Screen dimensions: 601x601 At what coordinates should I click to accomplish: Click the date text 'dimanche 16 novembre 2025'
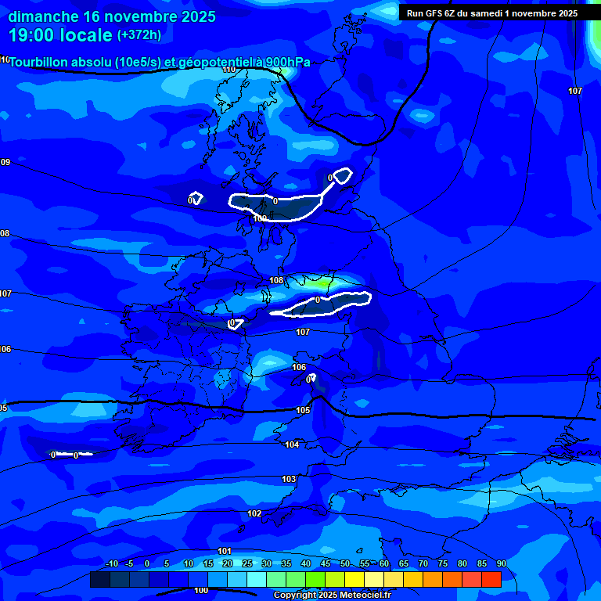(x=112, y=16)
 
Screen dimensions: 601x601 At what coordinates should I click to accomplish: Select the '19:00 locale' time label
(x=60, y=35)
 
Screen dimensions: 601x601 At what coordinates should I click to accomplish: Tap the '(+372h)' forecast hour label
(x=139, y=35)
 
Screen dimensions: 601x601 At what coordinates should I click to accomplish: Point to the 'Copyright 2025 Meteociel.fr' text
(x=332, y=596)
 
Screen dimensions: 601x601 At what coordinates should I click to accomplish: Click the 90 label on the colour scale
(x=501, y=563)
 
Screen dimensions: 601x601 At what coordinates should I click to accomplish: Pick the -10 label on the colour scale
(x=111, y=563)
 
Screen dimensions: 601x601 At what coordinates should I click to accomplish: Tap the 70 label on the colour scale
(x=423, y=563)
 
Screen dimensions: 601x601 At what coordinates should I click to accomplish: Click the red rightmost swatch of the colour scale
(x=491, y=579)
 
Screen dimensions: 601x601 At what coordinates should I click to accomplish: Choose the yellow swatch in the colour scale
(x=354, y=579)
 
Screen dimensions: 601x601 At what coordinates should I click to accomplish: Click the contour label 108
(x=276, y=280)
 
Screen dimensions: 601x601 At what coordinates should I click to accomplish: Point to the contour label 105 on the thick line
(x=303, y=410)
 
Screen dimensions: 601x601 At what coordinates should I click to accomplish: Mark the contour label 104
(x=292, y=444)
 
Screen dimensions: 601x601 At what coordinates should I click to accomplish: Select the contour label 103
(x=289, y=479)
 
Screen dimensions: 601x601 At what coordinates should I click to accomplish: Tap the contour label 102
(x=254, y=513)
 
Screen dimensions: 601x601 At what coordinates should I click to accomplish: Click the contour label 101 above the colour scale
(x=225, y=551)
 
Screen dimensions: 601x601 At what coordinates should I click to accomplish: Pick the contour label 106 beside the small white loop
(x=299, y=367)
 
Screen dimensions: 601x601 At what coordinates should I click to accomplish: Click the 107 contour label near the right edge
(x=575, y=91)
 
